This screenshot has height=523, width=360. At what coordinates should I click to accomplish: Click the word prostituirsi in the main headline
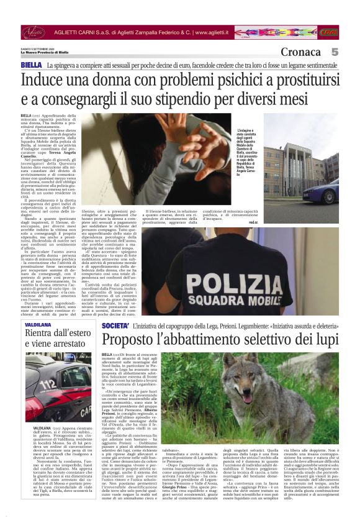[x=309, y=80]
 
